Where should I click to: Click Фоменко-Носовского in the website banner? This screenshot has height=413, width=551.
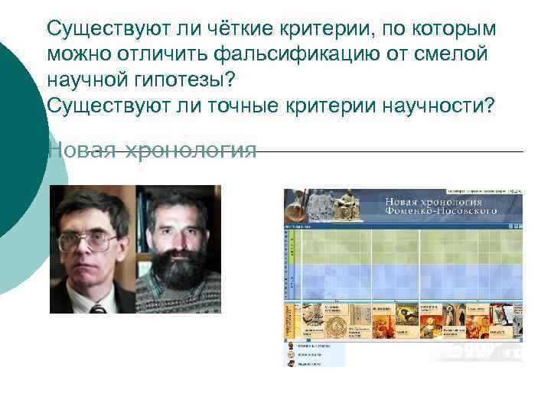[440, 210]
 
